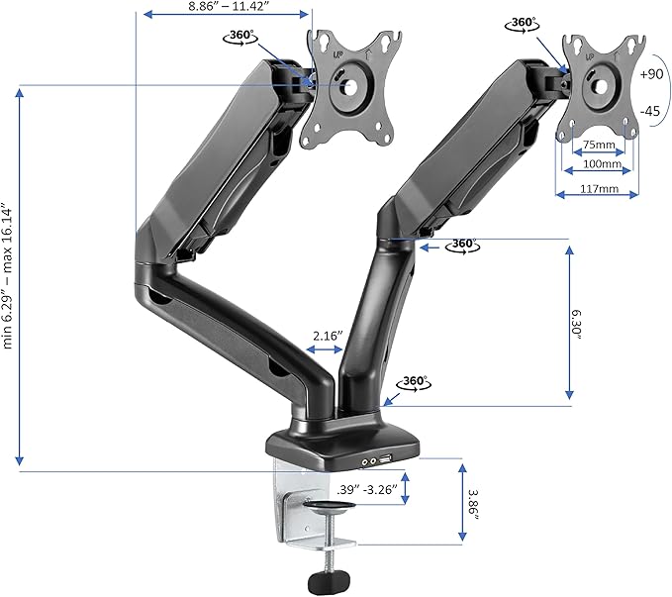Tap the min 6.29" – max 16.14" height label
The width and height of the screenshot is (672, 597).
pyautogui.click(x=8, y=276)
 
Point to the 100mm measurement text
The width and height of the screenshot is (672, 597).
pyautogui.click(x=599, y=165)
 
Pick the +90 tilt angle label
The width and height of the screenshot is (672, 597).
pyautogui.click(x=652, y=74)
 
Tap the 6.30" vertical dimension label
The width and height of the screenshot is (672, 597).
pyautogui.click(x=581, y=323)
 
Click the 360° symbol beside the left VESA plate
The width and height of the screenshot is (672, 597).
pyautogui.click(x=240, y=37)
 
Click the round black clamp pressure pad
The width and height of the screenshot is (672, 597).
pyautogui.click(x=331, y=509)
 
